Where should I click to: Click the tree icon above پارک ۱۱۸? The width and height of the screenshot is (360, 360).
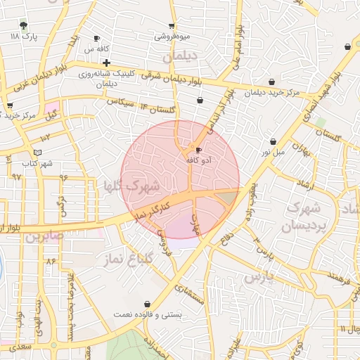[24, 25]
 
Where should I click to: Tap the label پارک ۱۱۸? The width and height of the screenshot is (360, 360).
[22, 35]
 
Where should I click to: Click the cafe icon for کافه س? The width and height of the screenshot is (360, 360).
[97, 39]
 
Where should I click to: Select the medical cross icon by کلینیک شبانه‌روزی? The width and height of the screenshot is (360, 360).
[106, 63]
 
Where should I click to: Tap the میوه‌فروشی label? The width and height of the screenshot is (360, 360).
[171, 35]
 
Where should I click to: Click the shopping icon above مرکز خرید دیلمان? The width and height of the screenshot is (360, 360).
[272, 81]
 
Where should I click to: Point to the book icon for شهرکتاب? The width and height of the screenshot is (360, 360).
[37, 152]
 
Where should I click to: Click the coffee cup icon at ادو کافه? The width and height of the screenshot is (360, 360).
[198, 150]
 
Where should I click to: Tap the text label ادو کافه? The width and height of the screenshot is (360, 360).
[199, 160]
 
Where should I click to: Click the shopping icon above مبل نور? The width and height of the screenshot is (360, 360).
[273, 141]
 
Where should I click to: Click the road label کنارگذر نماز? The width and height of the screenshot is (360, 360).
[153, 208]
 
